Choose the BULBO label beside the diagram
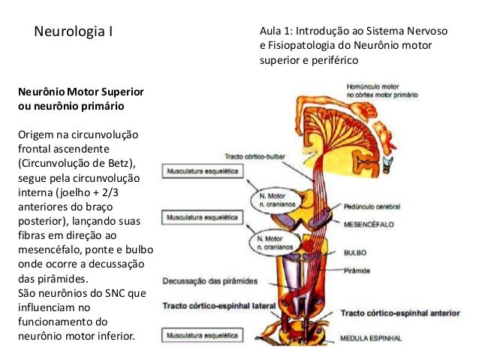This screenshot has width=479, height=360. (x=354, y=253)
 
